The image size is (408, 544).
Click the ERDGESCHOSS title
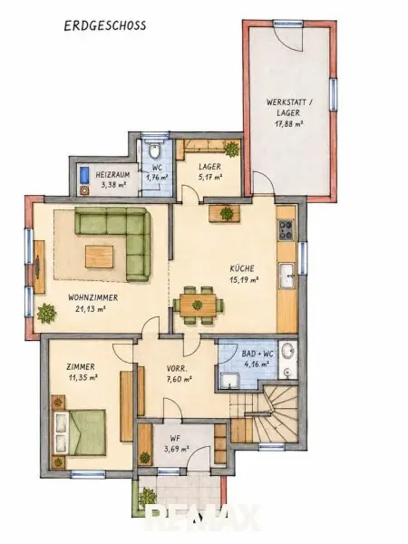tap(105, 26)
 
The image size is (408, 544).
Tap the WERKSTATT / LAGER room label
tap(289, 107)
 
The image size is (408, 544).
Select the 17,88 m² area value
tap(289, 124)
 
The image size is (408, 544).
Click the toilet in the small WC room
tap(154, 151)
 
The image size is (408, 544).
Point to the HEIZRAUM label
tap(112, 174)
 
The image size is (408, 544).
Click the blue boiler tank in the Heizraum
tap(84, 175)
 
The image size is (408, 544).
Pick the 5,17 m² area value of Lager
tap(210, 178)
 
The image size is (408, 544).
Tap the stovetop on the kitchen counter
tap(287, 230)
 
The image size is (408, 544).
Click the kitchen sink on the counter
tap(287, 276)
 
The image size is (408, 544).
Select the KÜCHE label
tap(242, 268)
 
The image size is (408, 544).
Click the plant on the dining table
tap(198, 305)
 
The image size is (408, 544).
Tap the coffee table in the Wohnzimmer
tap(100, 257)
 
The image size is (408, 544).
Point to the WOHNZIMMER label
tap(92, 297)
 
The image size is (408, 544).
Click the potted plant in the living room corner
tap(46, 314)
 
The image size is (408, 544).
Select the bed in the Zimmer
tap(79, 432)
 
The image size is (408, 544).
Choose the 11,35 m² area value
tap(83, 377)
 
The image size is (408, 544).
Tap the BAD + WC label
tap(257, 355)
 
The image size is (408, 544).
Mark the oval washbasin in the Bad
tap(287, 350)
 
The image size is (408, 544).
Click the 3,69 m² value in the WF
tap(176, 449)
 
